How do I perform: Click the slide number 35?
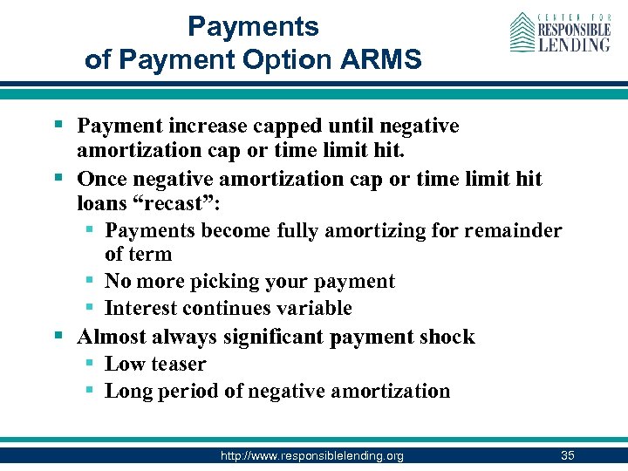click(x=568, y=454)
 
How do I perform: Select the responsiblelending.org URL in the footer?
click(x=311, y=455)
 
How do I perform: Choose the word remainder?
click(x=515, y=230)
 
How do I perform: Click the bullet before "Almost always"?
click(x=59, y=336)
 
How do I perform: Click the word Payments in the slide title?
click(x=253, y=26)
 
